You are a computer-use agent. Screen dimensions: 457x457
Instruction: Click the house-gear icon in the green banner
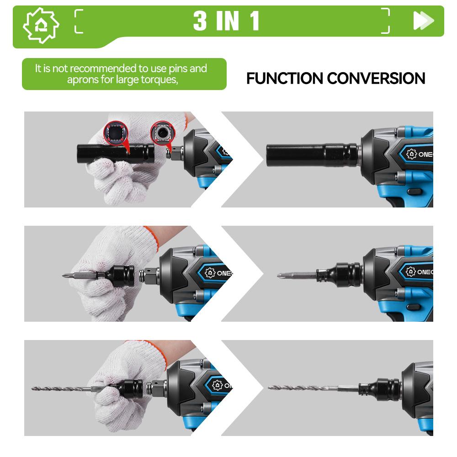[41, 26]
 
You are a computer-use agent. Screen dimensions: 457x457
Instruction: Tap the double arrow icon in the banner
[423, 21]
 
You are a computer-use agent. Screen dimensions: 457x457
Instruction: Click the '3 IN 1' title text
[226, 21]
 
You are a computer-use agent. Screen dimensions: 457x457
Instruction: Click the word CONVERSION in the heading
[380, 78]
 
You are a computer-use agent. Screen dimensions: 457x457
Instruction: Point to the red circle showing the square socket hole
[114, 133]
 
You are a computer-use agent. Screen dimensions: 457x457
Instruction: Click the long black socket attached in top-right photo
[311, 154]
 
